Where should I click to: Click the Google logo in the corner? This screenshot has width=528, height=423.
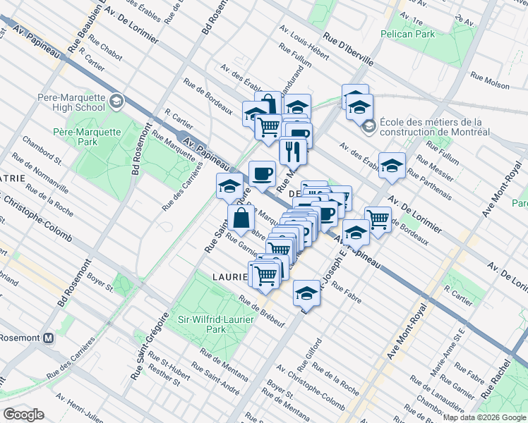click(x=23, y=415)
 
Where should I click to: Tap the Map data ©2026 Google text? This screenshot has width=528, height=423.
click(x=484, y=417)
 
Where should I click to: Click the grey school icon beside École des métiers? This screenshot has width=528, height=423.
click(x=368, y=127)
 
